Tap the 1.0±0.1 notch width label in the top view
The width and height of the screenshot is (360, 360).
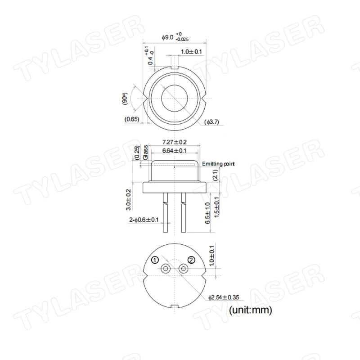pyautogui.click(x=191, y=52)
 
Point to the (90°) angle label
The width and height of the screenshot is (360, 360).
pyautogui.click(x=125, y=99)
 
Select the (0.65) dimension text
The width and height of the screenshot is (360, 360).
pyautogui.click(x=132, y=119)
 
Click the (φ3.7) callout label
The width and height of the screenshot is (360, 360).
pyautogui.click(x=211, y=122)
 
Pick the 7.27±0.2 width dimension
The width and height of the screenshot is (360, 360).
pyautogui.click(x=175, y=142)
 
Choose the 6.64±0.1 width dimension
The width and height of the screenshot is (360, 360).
pyautogui.click(x=174, y=151)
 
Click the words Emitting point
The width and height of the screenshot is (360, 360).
pyautogui.click(x=218, y=164)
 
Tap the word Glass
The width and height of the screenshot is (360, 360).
pyautogui.click(x=145, y=153)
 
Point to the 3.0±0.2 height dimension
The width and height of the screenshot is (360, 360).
pyautogui.click(x=128, y=199)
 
